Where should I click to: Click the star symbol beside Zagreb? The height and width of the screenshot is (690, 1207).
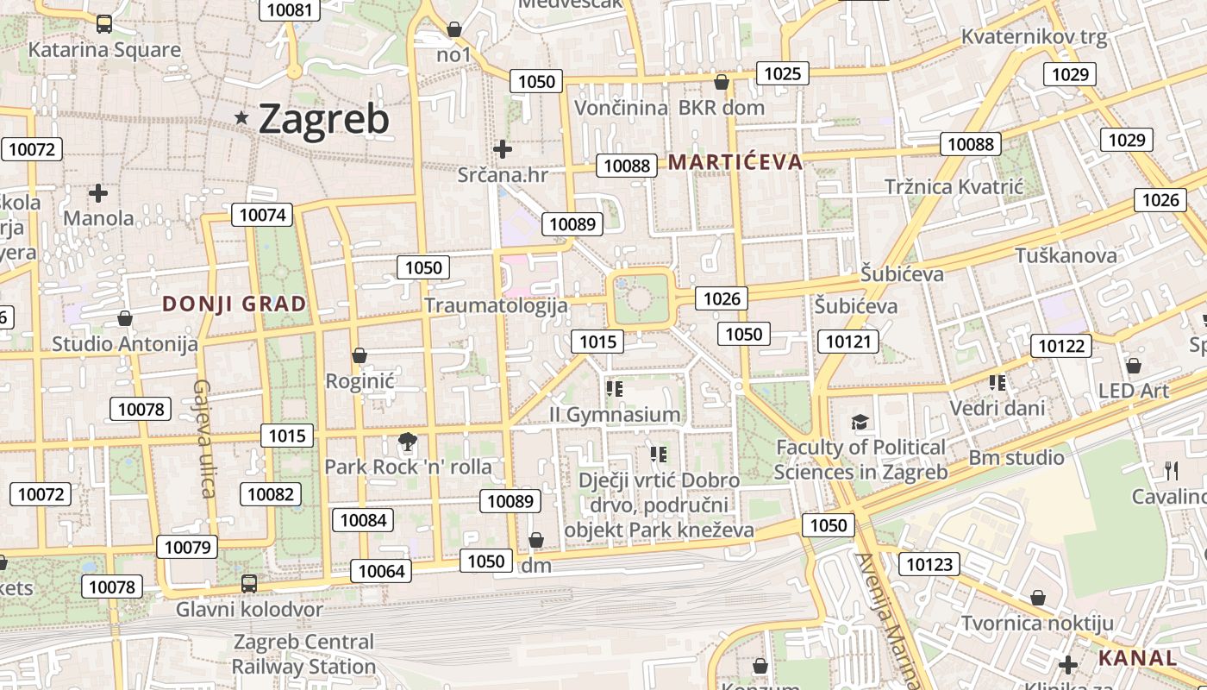tap(242, 118)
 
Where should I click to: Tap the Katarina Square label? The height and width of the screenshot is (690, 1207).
tap(104, 49)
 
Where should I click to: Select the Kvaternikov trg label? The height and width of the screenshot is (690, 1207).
tap(1034, 37)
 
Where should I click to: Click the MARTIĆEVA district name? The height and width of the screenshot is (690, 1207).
tap(735, 161)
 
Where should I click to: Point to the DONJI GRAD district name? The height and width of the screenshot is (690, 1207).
tap(234, 304)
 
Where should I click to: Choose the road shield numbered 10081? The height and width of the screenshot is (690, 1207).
tap(290, 9)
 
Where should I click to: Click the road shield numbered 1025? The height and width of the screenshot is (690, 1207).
tap(782, 73)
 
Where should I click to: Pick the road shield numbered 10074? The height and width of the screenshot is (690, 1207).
tap(262, 215)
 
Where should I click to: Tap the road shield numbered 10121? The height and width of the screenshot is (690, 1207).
tap(847, 342)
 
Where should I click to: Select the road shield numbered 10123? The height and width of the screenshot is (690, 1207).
tap(929, 565)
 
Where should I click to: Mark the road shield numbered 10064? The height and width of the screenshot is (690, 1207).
tap(380, 571)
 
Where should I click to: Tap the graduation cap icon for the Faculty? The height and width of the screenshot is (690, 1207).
tap(860, 423)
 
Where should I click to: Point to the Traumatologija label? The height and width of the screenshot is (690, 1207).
tap(496, 305)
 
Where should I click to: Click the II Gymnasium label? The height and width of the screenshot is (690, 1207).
tap(615, 415)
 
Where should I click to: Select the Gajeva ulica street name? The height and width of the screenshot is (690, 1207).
tap(204, 438)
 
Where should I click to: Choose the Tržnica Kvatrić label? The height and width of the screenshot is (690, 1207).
tap(954, 187)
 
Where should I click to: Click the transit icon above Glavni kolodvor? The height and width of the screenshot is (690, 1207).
tap(249, 584)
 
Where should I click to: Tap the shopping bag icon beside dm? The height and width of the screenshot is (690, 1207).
tap(536, 541)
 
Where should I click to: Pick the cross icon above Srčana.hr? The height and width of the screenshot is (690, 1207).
tap(503, 149)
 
